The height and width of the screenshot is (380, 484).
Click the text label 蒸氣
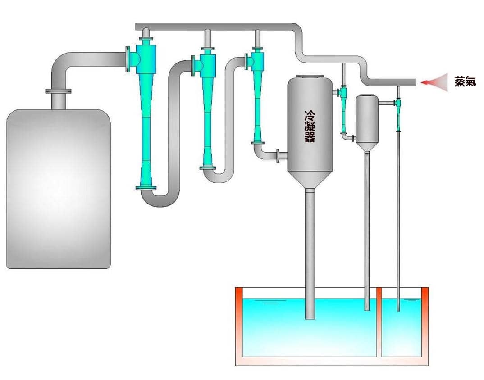pos(465,81)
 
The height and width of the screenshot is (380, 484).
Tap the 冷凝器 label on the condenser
pos(310,127)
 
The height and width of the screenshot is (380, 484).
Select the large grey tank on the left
pos(58,189)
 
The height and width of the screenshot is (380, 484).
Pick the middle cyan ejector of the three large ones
pos(207,108)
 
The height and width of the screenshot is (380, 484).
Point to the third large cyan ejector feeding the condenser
pos(257,95)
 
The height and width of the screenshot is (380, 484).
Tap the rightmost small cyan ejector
pos(398,114)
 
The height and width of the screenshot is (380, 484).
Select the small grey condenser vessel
pos(367,122)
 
